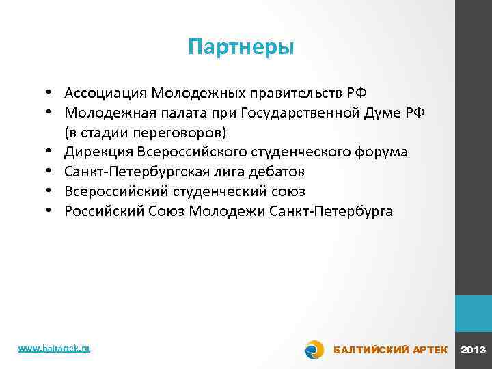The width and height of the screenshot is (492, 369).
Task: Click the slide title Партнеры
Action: pyautogui.click(x=241, y=48)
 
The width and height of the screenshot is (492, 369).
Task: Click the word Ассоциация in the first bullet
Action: pyautogui.click(x=106, y=92)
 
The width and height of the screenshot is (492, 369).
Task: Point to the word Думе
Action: pyautogui.click(x=384, y=112)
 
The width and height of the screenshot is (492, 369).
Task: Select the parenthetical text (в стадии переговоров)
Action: pyautogui.click(x=144, y=132)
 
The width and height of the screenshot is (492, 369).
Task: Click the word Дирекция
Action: pyautogui.click(x=100, y=152)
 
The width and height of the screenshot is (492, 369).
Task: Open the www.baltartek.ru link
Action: pyautogui.click(x=54, y=348)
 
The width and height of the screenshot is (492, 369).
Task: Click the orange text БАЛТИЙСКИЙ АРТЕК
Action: pyautogui.click(x=390, y=350)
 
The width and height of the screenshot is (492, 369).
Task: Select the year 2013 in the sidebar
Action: pyautogui.click(x=474, y=350)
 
